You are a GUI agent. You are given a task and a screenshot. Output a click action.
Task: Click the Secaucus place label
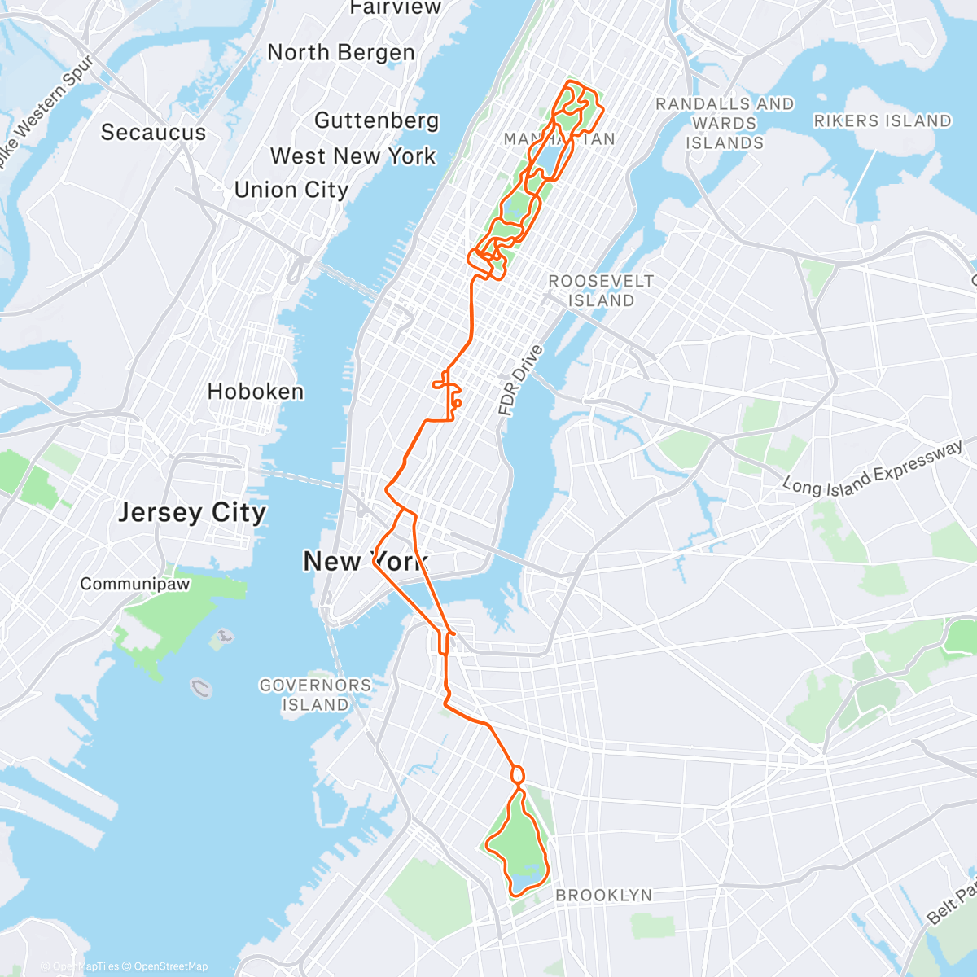coord(153,133)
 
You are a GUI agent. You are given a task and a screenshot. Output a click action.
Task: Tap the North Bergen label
coord(341,53)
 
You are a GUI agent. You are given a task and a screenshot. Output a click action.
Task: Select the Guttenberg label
coord(376,120)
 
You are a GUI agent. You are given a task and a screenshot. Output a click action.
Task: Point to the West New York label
coord(353,156)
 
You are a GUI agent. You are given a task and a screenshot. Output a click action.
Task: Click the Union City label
coord(291,190)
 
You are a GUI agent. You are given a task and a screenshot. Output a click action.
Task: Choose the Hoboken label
coord(255,392)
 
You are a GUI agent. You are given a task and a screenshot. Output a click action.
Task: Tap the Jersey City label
coord(192,513)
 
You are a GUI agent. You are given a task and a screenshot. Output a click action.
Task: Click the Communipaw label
coord(134,584)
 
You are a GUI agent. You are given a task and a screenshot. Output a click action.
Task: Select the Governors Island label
coord(315,695)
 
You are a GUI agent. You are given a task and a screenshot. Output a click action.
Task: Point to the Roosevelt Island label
coord(601,291)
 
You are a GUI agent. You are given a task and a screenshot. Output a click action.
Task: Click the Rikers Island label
coord(883,121)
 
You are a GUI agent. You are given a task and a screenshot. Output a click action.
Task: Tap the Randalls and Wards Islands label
coord(725,124)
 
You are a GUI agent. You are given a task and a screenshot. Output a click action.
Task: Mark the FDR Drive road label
coord(520,381)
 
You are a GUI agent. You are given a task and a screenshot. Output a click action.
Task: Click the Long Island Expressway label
coord(873,470)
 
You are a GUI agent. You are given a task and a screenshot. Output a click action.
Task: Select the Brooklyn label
coord(603,896)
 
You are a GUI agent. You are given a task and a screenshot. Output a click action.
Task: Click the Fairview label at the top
coord(383,8)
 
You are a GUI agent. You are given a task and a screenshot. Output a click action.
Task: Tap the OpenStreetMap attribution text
coord(171,966)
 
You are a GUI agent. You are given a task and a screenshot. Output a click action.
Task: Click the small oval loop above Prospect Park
coord(517,774)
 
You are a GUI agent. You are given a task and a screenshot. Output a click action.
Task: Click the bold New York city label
coord(365,561)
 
